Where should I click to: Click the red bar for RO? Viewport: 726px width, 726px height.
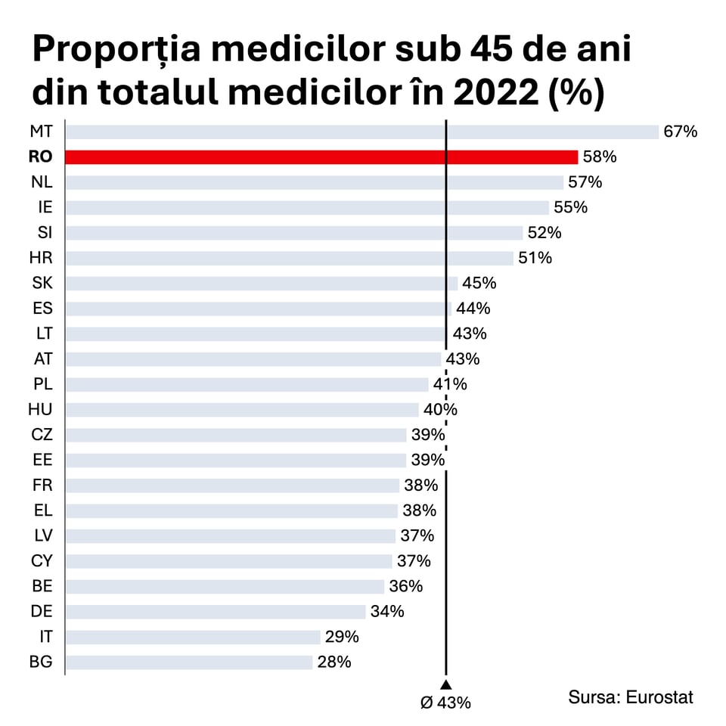pos(321,157)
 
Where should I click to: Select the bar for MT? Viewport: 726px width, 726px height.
pos(361,132)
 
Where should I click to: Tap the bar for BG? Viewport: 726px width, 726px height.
pos(189,662)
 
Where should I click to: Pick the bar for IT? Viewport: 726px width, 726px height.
pos(193,637)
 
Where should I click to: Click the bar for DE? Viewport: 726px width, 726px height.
pos(216,611)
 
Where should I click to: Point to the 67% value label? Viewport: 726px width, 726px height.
pos(680,132)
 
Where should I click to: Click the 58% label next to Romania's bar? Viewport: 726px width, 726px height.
pos(600,157)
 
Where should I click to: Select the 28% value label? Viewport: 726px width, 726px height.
pos(334,662)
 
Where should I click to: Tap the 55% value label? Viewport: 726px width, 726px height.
pos(570,207)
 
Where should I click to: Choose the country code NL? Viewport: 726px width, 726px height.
pos(42,182)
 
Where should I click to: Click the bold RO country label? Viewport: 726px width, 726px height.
pos(41,157)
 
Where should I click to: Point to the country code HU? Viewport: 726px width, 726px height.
pos(40,409)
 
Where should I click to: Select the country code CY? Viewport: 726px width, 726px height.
pos(42,561)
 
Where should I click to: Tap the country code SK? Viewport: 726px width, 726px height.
pos(42,283)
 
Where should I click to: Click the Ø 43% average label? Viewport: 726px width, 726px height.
pos(446,703)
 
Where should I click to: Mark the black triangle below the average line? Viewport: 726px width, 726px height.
pos(446,684)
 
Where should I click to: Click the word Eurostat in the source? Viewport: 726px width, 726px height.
pos(659,697)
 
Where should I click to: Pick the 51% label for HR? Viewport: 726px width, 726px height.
pos(535,258)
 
